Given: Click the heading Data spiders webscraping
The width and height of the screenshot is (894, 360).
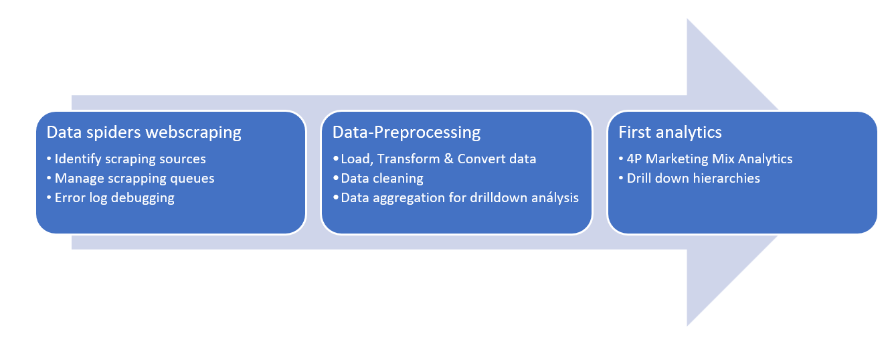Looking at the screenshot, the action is [x=144, y=132].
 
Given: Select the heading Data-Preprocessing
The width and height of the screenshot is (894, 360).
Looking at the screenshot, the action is [x=406, y=132].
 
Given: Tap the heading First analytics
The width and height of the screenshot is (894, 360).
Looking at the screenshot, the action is [x=670, y=132].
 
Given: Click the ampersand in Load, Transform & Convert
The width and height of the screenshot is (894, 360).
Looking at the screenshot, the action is [x=448, y=159].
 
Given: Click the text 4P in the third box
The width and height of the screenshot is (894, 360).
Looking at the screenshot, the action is [x=634, y=159].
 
